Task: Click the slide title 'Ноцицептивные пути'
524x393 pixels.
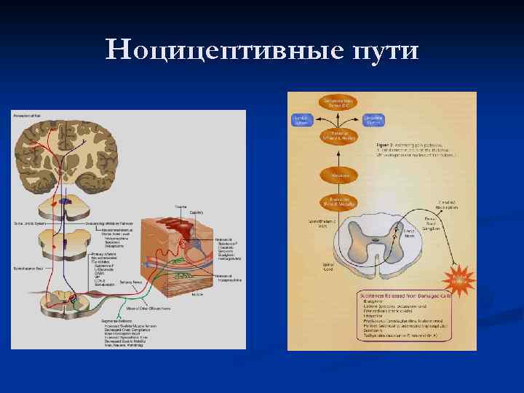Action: coord(262,51)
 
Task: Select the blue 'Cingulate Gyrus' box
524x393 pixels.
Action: coord(373,120)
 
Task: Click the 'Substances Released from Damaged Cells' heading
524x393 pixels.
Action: coord(404,296)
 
